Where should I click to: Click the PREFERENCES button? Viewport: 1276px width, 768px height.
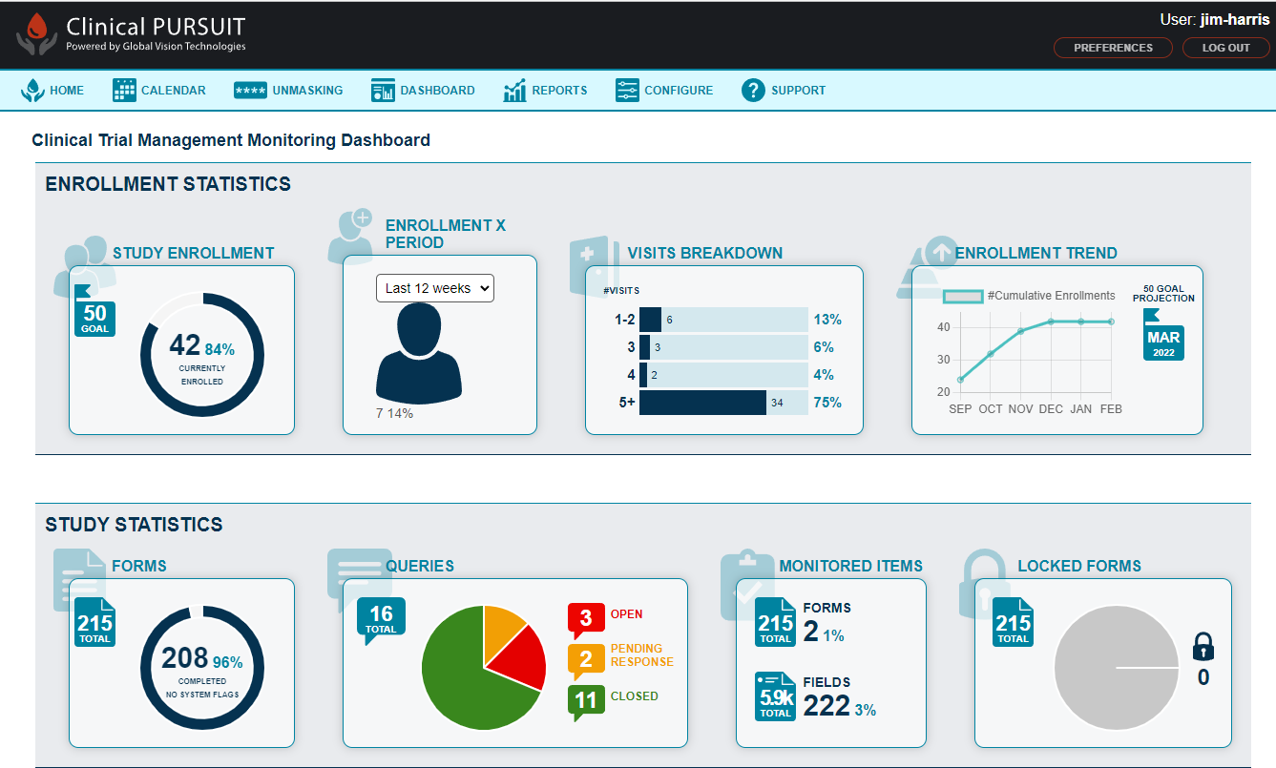(1113, 48)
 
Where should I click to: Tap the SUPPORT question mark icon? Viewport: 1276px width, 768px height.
(754, 91)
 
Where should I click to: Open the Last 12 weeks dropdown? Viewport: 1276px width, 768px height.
(434, 288)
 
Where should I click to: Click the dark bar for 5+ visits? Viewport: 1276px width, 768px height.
(702, 403)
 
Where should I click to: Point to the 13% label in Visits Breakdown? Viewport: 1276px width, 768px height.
(827, 320)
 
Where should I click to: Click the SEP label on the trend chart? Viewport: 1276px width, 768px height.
(961, 409)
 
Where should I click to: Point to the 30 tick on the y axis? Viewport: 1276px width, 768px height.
(944, 360)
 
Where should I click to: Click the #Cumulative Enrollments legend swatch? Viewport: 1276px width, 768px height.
(962, 297)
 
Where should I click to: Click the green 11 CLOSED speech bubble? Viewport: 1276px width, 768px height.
(585, 701)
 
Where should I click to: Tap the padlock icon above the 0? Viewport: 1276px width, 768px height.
(1203, 647)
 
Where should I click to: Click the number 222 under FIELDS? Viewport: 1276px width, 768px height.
(826, 705)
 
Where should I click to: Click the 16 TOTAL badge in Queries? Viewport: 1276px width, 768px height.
(381, 617)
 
